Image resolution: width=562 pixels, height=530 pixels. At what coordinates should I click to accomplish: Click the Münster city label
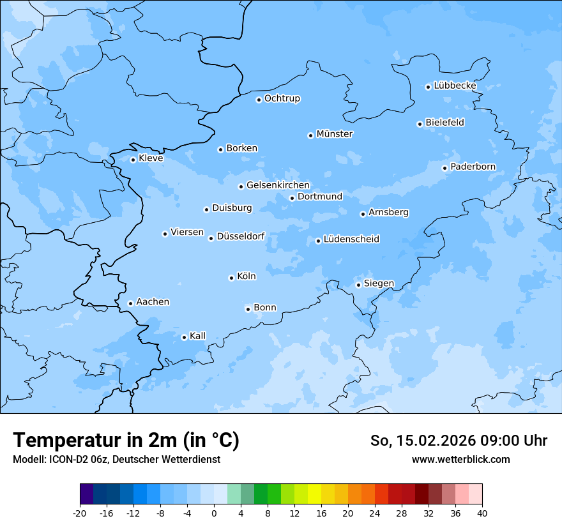tap(335, 134)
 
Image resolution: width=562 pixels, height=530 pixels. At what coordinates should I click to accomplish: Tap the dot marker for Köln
tap(231, 278)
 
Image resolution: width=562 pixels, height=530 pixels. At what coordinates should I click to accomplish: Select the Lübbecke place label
tap(455, 86)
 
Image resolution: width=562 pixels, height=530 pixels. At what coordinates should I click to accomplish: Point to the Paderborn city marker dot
tap(444, 168)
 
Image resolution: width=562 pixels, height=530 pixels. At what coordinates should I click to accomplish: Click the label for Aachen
tap(153, 302)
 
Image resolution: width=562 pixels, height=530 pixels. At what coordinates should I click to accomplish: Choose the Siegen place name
tap(379, 284)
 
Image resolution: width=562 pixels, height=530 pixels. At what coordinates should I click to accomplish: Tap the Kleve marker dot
tap(133, 160)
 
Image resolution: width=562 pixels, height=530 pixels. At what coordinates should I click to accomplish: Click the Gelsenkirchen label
tap(278, 185)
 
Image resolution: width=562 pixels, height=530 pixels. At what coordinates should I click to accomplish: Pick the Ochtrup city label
tap(282, 98)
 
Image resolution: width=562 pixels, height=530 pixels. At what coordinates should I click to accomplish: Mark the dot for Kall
tap(184, 337)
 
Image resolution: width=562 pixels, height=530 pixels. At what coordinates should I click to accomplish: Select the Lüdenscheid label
tap(351, 239)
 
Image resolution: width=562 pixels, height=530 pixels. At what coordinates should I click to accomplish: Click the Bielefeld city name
tap(445, 123)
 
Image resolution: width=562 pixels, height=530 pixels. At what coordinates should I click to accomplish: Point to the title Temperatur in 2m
tap(126, 440)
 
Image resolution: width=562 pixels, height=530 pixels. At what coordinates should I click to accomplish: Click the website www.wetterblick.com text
tap(460, 459)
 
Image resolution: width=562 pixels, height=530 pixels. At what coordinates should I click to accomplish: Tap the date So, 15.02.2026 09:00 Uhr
tap(459, 441)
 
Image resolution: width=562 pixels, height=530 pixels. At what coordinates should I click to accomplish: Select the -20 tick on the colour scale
tap(80, 513)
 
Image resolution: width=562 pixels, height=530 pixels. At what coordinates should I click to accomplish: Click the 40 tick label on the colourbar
tap(482, 513)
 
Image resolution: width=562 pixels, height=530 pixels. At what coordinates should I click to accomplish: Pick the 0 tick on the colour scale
tap(214, 513)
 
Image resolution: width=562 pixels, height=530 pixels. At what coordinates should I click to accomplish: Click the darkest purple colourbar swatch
tap(86, 494)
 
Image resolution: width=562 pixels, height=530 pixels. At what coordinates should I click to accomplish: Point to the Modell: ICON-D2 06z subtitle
tap(116, 459)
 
